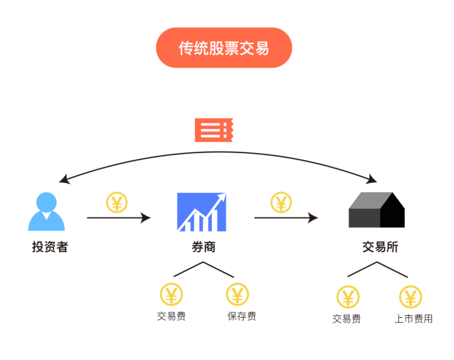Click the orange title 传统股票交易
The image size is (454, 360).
point(224,48)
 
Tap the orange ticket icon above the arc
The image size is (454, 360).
point(214,130)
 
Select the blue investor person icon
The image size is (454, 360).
point(46,212)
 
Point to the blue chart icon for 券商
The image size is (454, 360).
point(202,212)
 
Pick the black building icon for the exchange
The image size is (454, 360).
point(376,211)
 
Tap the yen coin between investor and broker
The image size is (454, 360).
point(117,202)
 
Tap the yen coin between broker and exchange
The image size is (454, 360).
point(281,202)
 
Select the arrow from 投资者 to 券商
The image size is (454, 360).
point(119,218)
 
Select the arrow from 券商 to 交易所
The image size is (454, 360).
point(286,218)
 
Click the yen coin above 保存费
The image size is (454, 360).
point(238,294)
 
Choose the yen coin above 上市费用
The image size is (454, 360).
point(410,296)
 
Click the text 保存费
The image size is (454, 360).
point(242,316)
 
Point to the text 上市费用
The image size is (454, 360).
point(414,318)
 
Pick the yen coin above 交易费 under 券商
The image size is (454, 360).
point(172,294)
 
